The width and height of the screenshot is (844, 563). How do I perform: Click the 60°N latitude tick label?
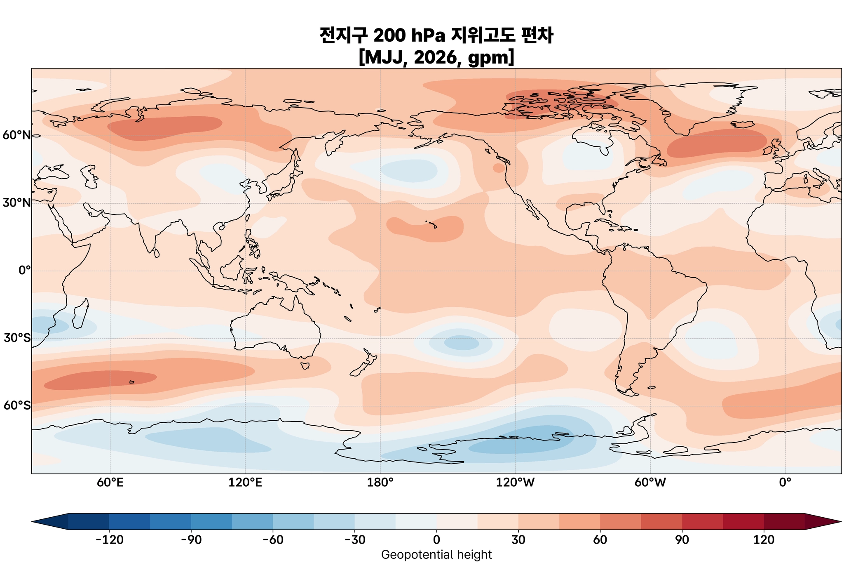(x=16, y=135)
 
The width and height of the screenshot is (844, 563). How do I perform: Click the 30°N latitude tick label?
(x=16, y=203)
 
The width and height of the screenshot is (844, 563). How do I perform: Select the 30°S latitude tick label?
(x=16, y=338)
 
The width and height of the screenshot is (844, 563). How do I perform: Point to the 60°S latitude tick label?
(x=16, y=406)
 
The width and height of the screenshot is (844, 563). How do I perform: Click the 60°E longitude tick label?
(x=110, y=482)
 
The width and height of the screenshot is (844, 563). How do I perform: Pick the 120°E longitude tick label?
(x=245, y=482)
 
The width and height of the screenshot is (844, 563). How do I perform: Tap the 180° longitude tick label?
(x=380, y=482)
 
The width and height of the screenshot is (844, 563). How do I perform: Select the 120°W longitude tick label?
(x=515, y=482)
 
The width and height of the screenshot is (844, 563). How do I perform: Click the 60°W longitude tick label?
(x=650, y=482)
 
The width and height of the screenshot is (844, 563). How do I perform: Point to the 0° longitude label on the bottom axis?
(x=785, y=482)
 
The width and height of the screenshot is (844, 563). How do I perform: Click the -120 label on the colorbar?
(x=109, y=540)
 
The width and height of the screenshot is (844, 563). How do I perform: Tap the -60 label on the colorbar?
(x=273, y=540)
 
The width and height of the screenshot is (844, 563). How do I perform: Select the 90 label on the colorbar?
(x=682, y=540)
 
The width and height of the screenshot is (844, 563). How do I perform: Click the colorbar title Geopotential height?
(x=436, y=555)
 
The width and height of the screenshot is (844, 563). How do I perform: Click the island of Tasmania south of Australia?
(x=305, y=365)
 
